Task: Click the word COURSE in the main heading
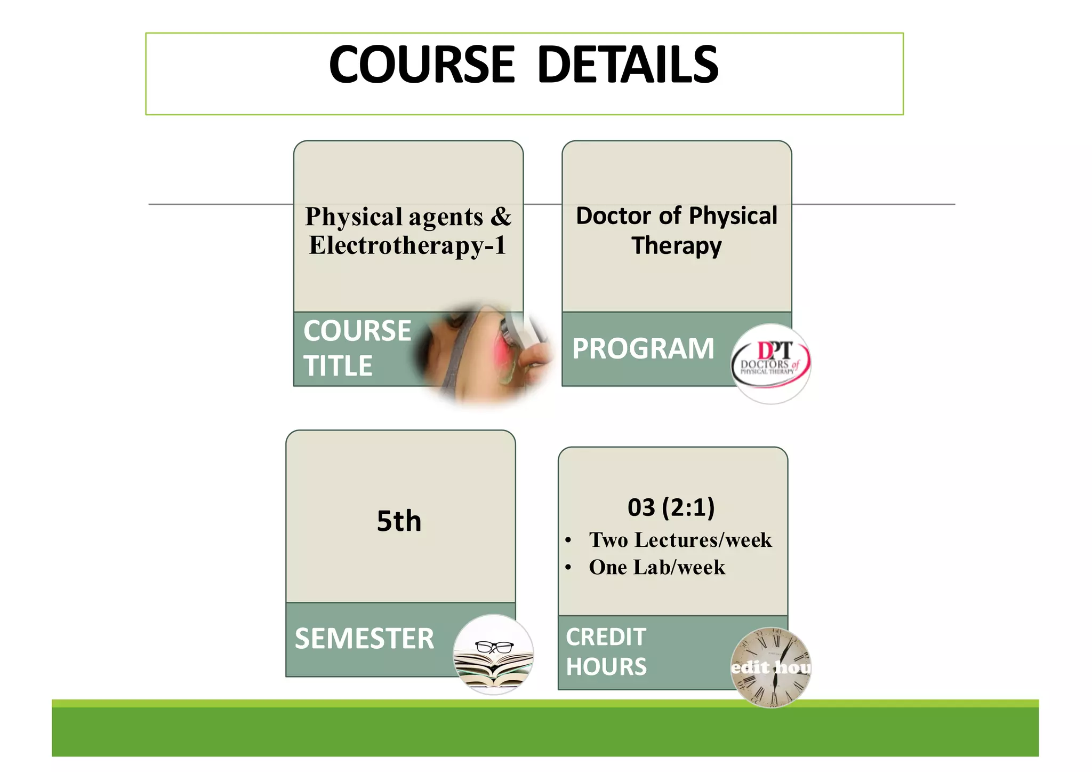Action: click(x=422, y=65)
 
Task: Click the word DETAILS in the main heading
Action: click(x=628, y=65)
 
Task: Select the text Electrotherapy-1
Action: click(x=407, y=246)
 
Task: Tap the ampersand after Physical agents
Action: click(x=501, y=217)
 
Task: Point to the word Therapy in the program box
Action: click(x=677, y=246)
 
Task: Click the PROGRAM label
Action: click(x=643, y=349)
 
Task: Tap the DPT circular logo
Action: click(x=771, y=363)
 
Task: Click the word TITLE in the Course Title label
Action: click(x=338, y=366)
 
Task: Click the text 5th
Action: click(x=399, y=521)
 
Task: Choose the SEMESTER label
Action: click(x=365, y=639)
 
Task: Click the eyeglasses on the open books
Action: click(x=494, y=647)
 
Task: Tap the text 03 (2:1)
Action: click(x=671, y=507)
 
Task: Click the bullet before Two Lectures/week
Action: click(x=568, y=541)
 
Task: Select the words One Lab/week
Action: click(x=657, y=568)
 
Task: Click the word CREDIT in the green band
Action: click(x=606, y=637)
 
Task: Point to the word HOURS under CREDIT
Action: click(x=606, y=667)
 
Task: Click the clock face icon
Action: click(x=771, y=667)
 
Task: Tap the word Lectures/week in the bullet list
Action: click(x=703, y=540)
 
